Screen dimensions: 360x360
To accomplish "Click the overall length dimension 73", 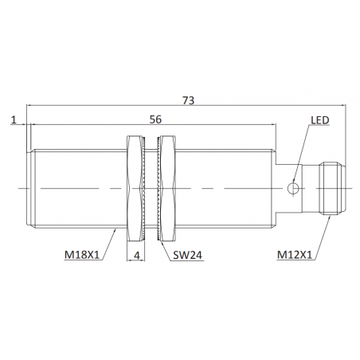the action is pyautogui.click(x=188, y=100).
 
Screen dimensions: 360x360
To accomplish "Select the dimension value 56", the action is pyautogui.click(x=155, y=119).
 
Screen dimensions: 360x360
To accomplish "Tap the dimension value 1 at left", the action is pyautogui.click(x=14, y=119).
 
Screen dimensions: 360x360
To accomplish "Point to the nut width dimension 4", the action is pyautogui.click(x=136, y=255).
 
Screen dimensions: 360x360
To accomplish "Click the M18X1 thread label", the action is pyautogui.click(x=82, y=255).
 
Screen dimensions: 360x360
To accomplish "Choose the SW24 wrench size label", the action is pyautogui.click(x=187, y=255).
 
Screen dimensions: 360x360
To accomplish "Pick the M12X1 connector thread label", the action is pyautogui.click(x=295, y=255).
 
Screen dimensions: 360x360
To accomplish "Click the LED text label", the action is pyautogui.click(x=320, y=120).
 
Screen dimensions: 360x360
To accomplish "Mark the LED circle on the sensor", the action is pyautogui.click(x=293, y=188).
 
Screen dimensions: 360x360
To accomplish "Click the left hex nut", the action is pyautogui.click(x=134, y=189).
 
